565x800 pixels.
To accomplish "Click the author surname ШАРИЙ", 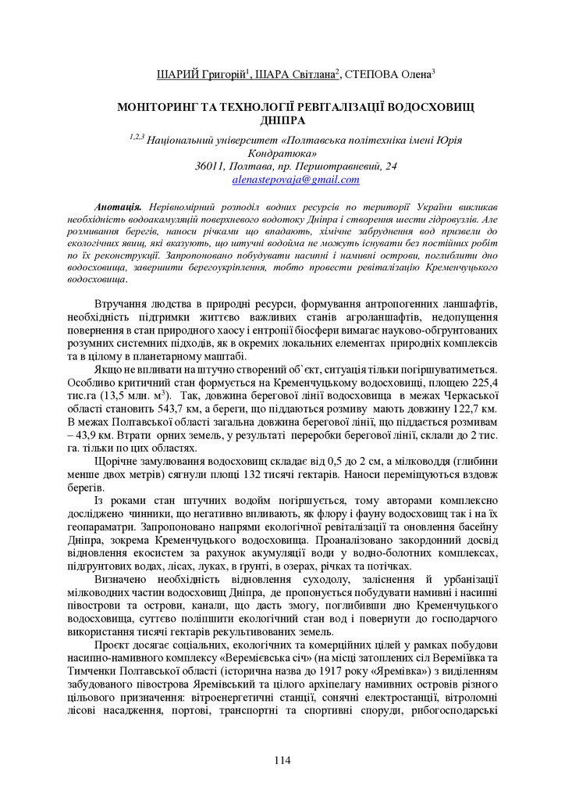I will [x=179, y=75].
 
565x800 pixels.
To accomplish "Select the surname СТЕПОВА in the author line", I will [x=386, y=75].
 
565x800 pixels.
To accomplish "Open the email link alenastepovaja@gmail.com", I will [x=296, y=180].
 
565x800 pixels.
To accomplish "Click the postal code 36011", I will [x=210, y=166].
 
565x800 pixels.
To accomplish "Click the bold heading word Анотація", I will [x=116, y=207].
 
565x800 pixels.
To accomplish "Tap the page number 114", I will [x=282, y=760].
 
